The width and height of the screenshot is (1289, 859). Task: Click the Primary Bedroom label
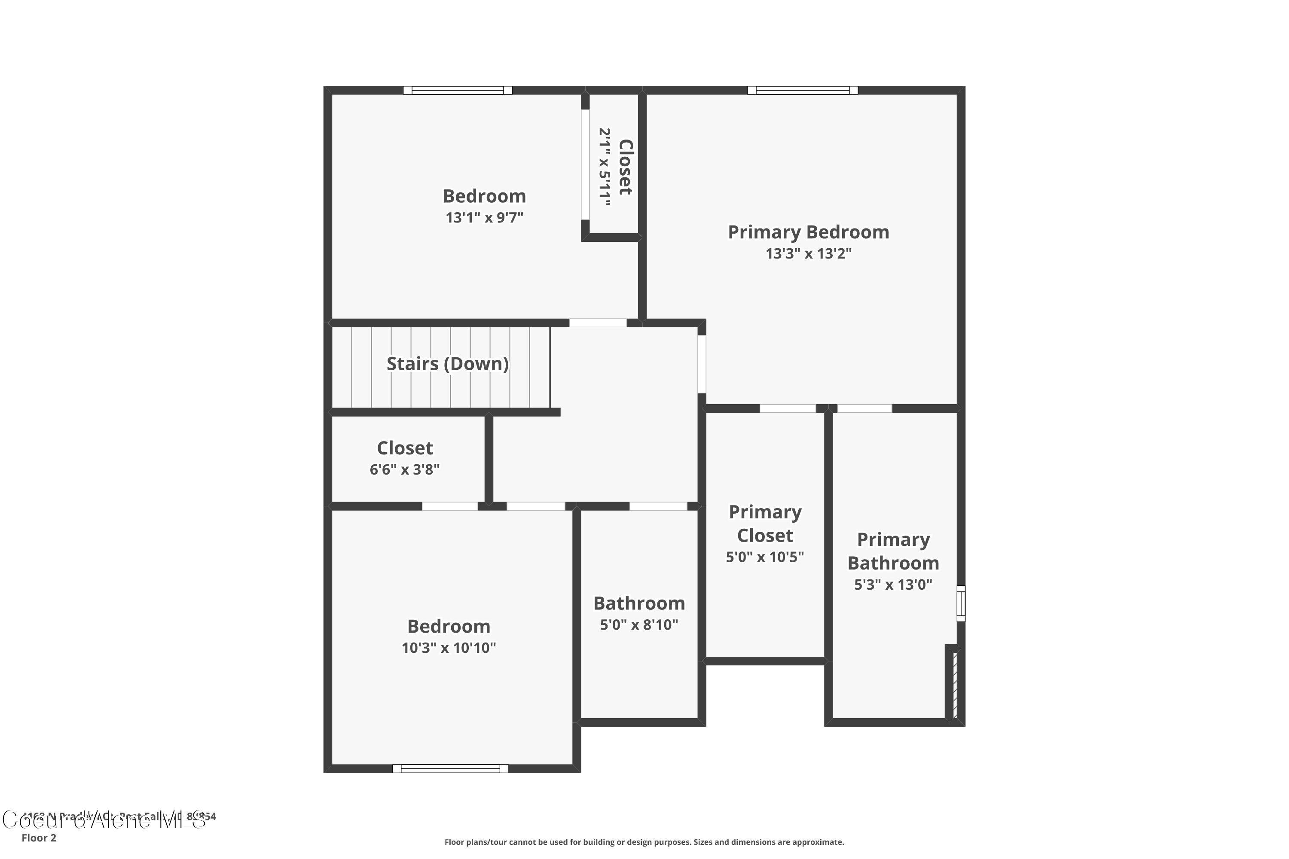[x=808, y=232]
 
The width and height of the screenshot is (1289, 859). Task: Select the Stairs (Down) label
[x=448, y=364]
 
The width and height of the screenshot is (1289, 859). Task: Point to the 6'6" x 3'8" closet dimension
[x=404, y=469]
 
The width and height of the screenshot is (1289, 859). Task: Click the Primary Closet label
[x=765, y=524]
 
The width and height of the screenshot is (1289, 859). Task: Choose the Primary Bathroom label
[x=893, y=551]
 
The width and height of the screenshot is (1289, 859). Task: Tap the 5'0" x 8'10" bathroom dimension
[x=639, y=625]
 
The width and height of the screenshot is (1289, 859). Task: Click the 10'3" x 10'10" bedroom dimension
[x=449, y=648]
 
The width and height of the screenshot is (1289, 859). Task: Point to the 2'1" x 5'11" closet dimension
[x=605, y=167]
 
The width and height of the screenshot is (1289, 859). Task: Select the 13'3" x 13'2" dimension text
[x=808, y=254]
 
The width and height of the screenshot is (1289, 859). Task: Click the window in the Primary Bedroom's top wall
[x=802, y=90]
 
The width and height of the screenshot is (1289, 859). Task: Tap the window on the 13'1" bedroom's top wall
[x=458, y=90]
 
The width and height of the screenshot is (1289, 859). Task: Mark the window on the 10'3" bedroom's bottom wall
[x=450, y=769]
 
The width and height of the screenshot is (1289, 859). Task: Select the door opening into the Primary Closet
[x=788, y=408]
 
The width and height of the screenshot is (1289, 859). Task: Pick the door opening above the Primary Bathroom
[x=864, y=408]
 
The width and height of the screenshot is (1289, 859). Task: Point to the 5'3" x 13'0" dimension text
[x=893, y=585]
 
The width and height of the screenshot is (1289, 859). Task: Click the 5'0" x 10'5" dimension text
[x=765, y=557]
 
